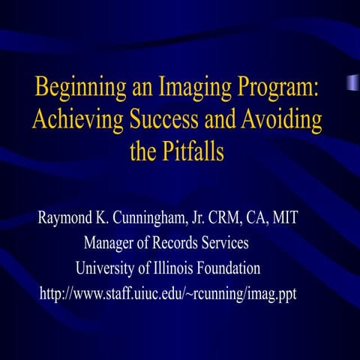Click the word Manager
(x=112, y=244)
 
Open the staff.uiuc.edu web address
(x=168, y=293)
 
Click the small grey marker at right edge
(x=352, y=82)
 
